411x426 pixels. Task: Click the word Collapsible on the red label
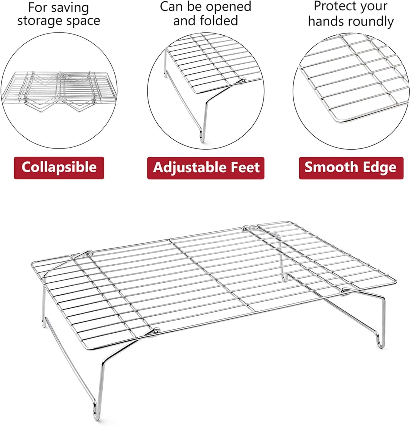tap(59, 167)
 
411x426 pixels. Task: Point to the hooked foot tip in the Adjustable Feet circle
tap(201, 138)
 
